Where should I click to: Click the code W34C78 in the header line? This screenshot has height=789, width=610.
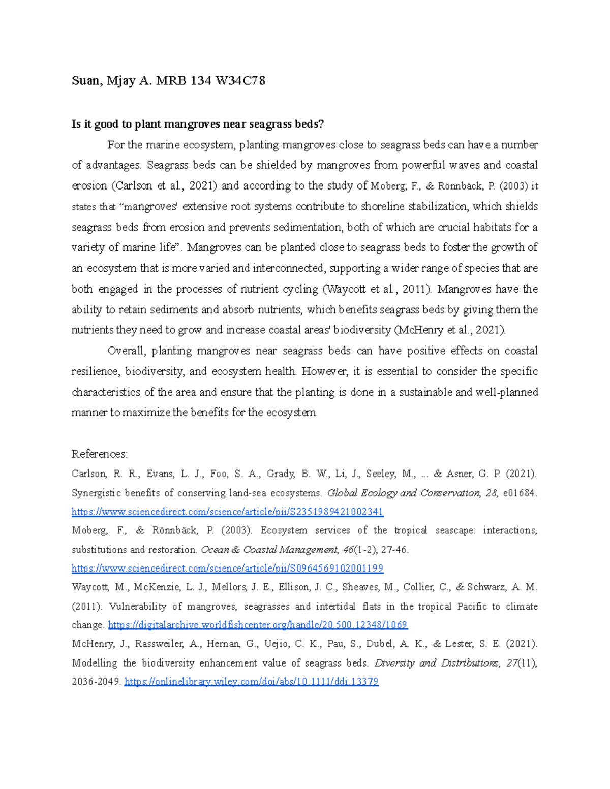[240, 80]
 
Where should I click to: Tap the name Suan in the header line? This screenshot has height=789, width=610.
[85, 80]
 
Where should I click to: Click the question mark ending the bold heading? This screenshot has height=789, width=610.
[321, 124]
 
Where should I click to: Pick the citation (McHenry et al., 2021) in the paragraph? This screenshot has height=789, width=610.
[450, 330]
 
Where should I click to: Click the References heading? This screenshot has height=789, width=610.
[100, 454]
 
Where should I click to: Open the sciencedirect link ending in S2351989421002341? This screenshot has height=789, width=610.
[227, 512]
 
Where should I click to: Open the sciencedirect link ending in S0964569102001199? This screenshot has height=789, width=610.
[227, 568]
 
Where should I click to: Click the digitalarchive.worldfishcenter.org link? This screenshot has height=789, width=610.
[258, 625]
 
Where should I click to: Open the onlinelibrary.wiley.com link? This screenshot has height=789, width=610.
[251, 682]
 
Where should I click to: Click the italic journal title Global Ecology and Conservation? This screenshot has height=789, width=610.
[403, 493]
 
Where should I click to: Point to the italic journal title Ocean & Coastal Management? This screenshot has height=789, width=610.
[269, 550]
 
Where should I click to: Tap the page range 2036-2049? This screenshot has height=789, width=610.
[96, 682]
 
